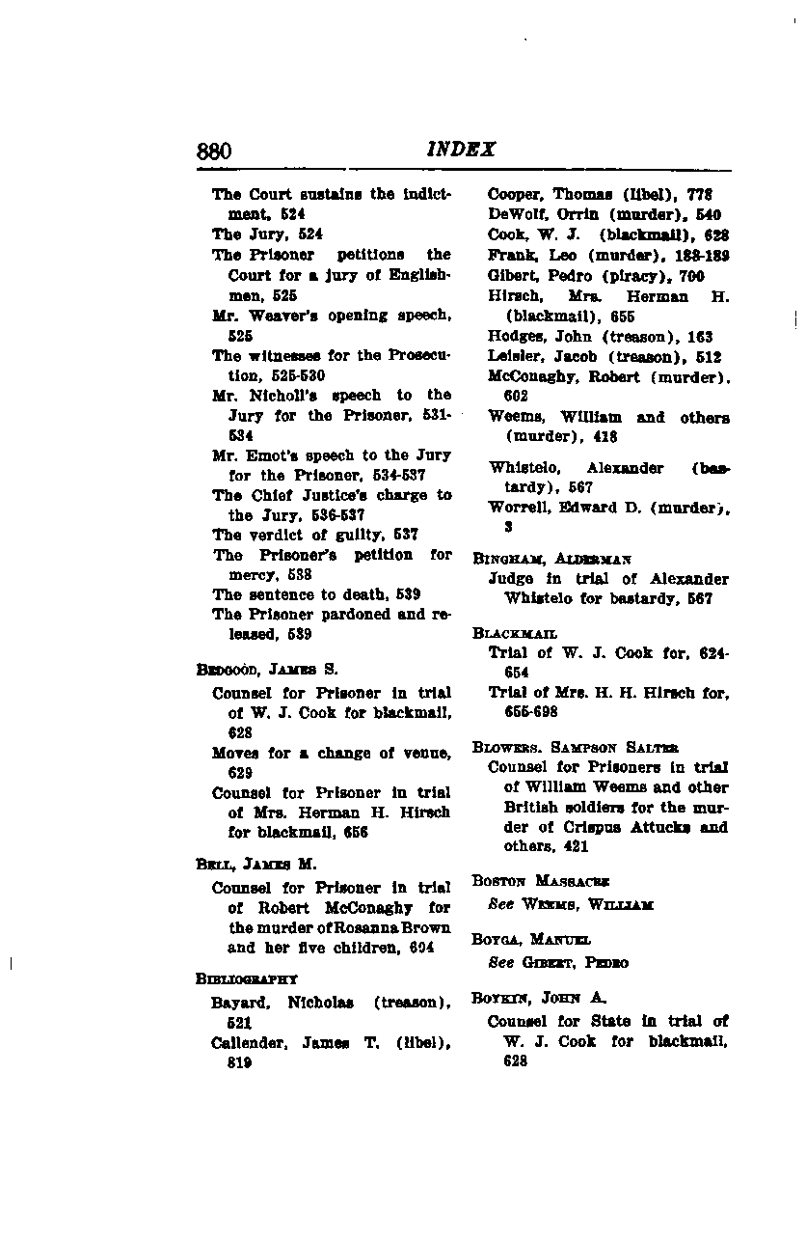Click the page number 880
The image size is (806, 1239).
click(x=214, y=151)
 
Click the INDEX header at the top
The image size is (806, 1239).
click(x=461, y=150)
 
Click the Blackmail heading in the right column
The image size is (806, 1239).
click(x=515, y=633)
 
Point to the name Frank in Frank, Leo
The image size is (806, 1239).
click(x=506, y=256)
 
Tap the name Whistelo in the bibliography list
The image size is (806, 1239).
click(x=522, y=468)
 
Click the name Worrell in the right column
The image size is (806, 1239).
click(x=519, y=508)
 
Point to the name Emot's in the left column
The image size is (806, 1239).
click(x=279, y=454)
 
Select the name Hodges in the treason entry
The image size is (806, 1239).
click(x=516, y=337)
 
